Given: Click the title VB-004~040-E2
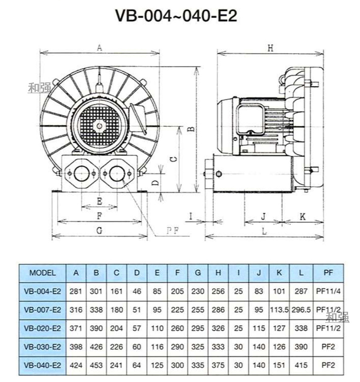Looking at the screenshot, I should click(x=176, y=16).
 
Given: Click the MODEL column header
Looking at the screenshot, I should click(x=42, y=273).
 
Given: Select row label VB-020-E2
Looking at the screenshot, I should click(x=42, y=328).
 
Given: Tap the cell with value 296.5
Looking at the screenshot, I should click(x=301, y=310).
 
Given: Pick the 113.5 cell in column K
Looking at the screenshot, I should click(x=279, y=310).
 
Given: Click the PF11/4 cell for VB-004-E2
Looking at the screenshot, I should click(x=328, y=292).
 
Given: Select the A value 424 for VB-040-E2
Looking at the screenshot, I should click(x=76, y=365).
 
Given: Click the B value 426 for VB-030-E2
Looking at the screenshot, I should click(x=96, y=347).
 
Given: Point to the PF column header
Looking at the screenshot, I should click(x=328, y=273).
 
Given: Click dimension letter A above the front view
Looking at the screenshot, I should click(x=100, y=48).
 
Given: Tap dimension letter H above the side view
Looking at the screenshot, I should click(x=270, y=48).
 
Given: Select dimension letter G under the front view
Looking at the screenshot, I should click(x=99, y=231).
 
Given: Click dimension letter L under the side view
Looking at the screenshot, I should click(x=264, y=231).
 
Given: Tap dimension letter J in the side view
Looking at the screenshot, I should click(x=263, y=217).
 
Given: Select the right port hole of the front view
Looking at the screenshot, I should click(x=117, y=173).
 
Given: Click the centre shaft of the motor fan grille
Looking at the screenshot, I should click(x=98, y=125).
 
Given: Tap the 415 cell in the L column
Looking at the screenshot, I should click(x=301, y=365).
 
